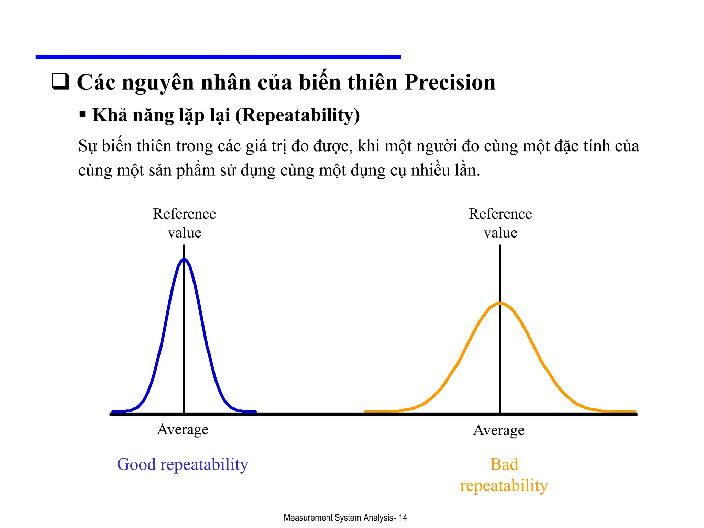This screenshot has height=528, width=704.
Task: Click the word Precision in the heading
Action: pos(450,83)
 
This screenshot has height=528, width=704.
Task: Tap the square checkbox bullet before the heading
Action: pos(60,81)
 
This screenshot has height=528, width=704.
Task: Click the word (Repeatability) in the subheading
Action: pos(298,115)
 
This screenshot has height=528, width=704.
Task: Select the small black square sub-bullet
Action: pos(82,114)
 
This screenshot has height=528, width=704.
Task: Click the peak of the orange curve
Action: pos(500,303)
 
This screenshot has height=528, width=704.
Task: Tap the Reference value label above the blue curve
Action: pos(184,223)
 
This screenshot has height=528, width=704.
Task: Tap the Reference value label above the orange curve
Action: pos(500,223)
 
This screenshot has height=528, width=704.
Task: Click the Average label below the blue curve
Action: pos(183,429)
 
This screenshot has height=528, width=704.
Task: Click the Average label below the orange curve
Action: pos(499,430)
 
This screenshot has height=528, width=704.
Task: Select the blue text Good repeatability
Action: pos(183,464)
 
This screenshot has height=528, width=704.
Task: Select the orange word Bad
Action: pos(504,464)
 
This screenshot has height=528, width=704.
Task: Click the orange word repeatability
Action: pos(504,486)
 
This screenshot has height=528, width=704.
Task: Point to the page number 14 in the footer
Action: pos(403,518)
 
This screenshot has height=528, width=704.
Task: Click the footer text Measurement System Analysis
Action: pos(339,518)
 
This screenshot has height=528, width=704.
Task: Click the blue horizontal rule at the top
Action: pos(218,57)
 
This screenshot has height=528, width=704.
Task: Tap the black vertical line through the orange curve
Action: pos(500,361)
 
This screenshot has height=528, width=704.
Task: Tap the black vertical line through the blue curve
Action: pos(184,344)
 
